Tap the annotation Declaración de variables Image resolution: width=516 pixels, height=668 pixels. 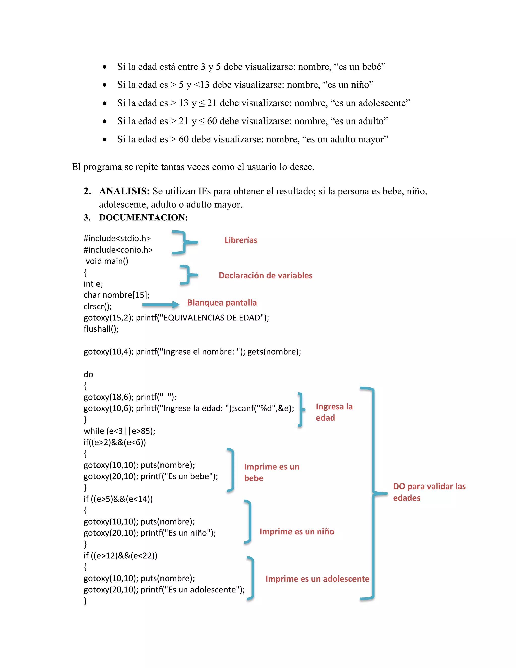265,275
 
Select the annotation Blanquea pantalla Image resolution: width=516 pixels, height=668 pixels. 222,302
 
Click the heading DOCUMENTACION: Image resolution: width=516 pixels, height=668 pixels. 143,218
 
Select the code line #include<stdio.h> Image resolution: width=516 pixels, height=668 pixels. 117,238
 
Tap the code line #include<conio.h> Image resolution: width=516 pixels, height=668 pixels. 118,250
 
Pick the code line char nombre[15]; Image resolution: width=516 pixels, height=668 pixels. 116,295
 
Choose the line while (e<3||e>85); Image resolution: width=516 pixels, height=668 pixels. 119,431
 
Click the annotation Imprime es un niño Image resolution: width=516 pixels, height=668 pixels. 297,532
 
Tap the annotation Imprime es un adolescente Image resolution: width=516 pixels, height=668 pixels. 317,579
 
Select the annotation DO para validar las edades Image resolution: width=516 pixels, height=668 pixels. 429,492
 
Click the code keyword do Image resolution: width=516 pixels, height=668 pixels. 88,374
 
